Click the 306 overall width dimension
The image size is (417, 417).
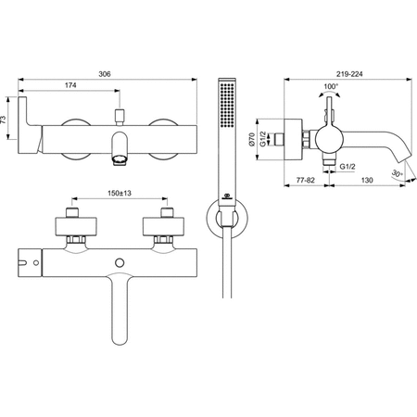tap(105, 74)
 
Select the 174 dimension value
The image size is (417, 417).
tap(70, 85)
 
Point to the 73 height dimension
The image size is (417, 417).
tap(3, 120)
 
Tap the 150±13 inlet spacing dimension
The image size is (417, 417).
tap(120, 194)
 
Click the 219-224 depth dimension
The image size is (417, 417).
tap(349, 74)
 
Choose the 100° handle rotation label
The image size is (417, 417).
tap(331, 86)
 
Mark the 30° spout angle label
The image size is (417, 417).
tap(397, 173)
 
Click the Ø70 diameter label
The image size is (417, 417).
tap(252, 139)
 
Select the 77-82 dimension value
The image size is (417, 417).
tap(305, 180)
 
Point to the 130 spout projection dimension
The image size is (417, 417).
tap(367, 180)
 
